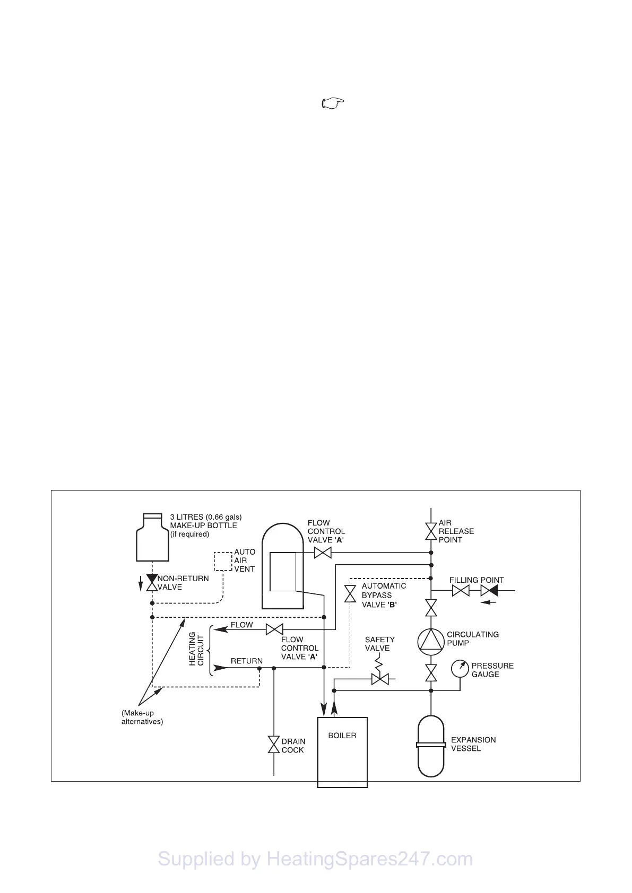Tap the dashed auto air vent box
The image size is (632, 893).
tap(223, 561)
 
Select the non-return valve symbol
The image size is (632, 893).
tap(152, 583)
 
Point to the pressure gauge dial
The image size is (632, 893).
tap(460, 668)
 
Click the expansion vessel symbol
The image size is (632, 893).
tap(431, 746)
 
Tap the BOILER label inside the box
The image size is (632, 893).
tap(342, 736)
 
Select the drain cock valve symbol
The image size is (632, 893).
tap(274, 745)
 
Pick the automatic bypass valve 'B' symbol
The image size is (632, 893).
tap(350, 594)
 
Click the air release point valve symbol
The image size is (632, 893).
tap(431, 531)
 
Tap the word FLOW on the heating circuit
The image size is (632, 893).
tap(241, 625)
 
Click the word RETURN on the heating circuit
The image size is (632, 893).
tap(246, 661)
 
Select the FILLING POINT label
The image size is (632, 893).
tap(477, 580)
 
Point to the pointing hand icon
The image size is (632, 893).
tap(333, 103)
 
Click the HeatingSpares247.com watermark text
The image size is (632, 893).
tap(315, 859)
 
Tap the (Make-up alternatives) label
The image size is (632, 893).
tap(142, 717)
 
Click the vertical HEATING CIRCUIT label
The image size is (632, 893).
tap(196, 649)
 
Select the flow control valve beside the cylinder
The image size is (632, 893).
tap(323, 553)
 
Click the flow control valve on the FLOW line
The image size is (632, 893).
tap(274, 630)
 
